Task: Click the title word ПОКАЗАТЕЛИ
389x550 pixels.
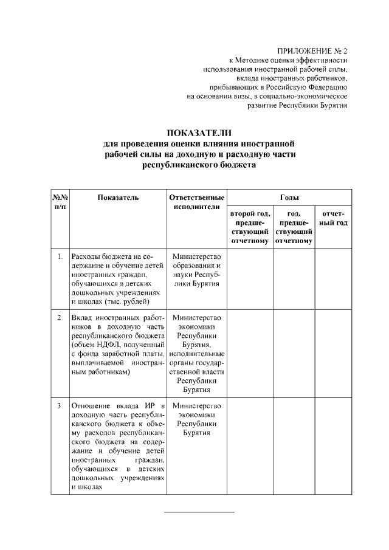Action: coord(199,133)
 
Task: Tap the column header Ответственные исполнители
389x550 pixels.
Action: coord(196,202)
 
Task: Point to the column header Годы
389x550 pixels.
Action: coord(289,197)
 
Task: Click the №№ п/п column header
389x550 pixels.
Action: coord(60,202)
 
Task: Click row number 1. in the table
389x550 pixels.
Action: coord(60,256)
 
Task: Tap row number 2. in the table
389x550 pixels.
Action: coord(60,318)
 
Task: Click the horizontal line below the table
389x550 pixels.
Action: coord(199,512)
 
